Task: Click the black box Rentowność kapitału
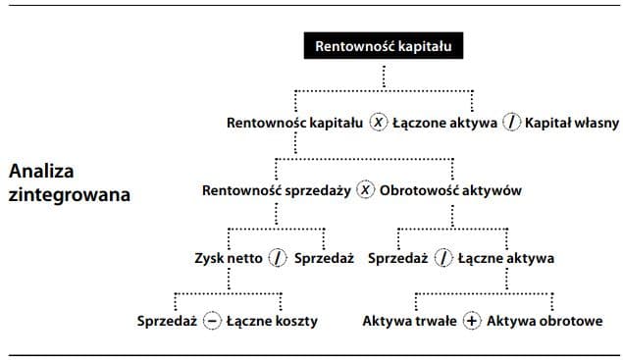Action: click(383, 45)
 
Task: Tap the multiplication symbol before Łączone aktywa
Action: click(379, 124)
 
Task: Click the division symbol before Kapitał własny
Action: click(512, 124)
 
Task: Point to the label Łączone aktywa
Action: click(444, 124)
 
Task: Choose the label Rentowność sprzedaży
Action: click(277, 190)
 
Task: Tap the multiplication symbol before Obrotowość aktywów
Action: click(365, 190)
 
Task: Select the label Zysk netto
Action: click(229, 259)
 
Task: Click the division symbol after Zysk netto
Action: click(278, 259)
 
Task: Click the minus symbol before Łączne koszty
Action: click(211, 322)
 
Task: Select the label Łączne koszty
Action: click(272, 322)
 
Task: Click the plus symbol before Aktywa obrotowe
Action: click(471, 322)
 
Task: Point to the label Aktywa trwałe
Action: click(410, 322)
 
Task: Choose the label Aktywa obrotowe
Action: click(545, 322)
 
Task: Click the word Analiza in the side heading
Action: click(40, 171)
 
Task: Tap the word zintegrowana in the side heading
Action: click(69, 193)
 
